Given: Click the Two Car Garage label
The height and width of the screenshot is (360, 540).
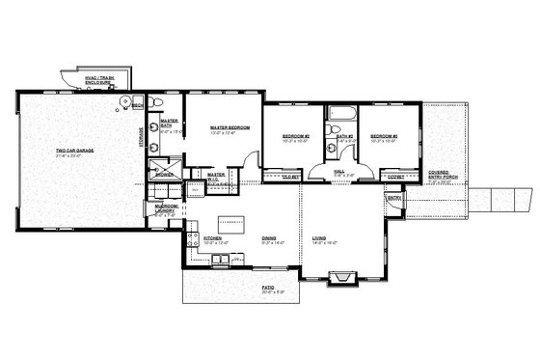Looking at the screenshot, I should tap(74, 152).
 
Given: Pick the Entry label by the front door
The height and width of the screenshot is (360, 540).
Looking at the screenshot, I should tap(393, 198).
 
